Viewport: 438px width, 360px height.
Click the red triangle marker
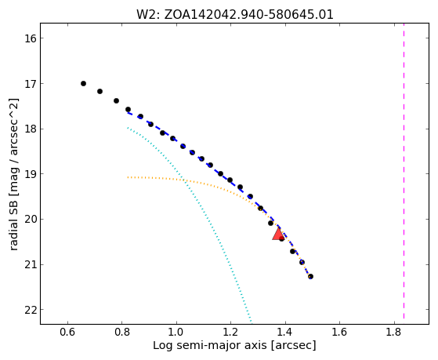(x=278, y=235)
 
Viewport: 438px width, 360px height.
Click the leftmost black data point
(x=83, y=83)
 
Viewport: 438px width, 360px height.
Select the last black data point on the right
(x=310, y=276)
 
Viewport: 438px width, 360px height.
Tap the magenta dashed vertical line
(x=404, y=171)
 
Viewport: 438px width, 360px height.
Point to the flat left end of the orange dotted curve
(x=129, y=177)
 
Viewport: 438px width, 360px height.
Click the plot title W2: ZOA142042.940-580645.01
(x=234, y=14)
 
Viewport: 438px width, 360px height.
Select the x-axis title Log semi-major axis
(x=210, y=345)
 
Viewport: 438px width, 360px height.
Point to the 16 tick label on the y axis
(x=31, y=38)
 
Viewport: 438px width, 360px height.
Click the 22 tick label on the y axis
(x=31, y=310)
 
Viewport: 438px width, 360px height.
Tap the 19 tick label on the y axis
(x=31, y=174)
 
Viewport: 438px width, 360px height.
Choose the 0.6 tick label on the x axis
(x=67, y=332)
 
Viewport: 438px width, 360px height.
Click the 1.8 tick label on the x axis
(x=394, y=332)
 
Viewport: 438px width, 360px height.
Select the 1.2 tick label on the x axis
(x=230, y=332)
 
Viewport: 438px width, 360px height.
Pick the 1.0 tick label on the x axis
(x=176, y=332)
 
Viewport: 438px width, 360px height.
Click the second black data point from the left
(x=100, y=91)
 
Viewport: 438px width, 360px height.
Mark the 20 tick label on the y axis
(x=31, y=220)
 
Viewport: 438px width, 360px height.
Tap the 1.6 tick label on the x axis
(x=340, y=332)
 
